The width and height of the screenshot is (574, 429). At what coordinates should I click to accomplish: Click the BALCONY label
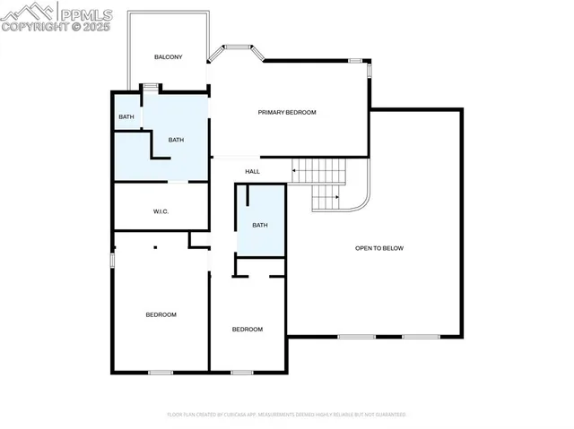click(168, 57)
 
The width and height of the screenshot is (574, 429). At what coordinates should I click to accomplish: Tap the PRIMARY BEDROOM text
click(287, 112)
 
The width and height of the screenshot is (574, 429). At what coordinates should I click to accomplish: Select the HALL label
click(252, 171)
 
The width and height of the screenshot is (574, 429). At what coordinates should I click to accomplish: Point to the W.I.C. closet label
click(161, 211)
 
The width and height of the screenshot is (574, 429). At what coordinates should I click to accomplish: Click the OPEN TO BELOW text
click(379, 248)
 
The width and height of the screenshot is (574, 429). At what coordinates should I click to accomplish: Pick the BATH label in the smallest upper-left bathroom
click(126, 117)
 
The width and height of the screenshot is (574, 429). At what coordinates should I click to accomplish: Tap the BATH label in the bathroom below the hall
click(259, 225)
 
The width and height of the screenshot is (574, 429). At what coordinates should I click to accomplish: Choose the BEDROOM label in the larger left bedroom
click(161, 314)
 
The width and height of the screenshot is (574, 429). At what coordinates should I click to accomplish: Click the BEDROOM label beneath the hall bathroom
click(248, 330)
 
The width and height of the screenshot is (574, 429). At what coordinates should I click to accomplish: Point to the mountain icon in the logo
click(27, 12)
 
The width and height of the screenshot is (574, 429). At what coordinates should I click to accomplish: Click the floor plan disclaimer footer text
click(287, 415)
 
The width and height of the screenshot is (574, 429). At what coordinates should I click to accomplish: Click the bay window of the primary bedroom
click(237, 49)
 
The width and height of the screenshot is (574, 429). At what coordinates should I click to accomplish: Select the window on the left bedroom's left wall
click(112, 260)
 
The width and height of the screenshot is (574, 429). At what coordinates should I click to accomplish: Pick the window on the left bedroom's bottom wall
click(160, 372)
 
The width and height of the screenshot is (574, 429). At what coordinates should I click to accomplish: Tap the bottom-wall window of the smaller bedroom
click(241, 372)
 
